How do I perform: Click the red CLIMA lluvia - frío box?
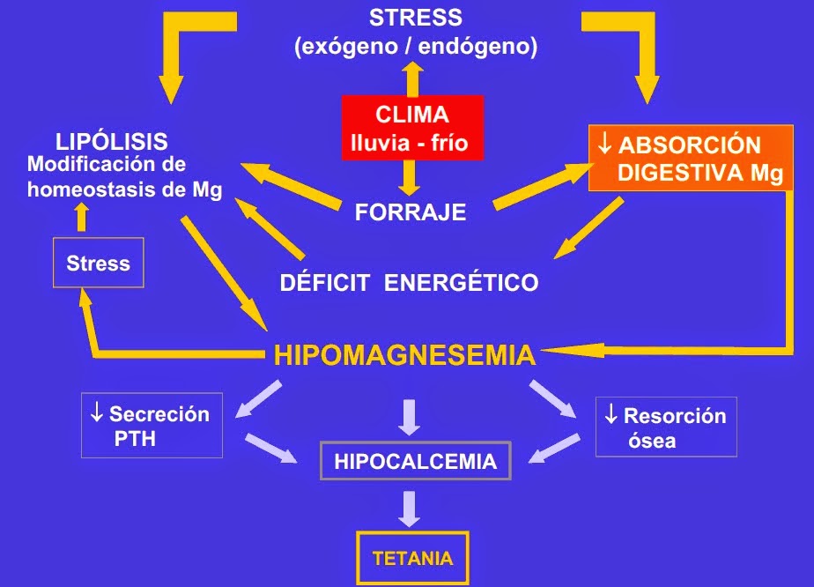[x=412, y=128]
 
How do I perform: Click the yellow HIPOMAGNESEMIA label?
[x=404, y=355]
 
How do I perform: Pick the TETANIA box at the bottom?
[x=412, y=558]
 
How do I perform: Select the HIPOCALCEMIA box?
[x=415, y=461]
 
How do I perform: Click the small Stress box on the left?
[x=98, y=263]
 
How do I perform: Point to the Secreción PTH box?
[x=152, y=426]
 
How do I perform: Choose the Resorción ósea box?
[x=665, y=427]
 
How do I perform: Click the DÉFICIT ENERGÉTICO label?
[x=409, y=283]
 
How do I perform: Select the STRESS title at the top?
[x=416, y=18]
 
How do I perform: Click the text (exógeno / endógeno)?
[x=416, y=47]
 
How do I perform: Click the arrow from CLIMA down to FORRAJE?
[x=408, y=180]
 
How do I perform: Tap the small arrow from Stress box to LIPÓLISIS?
[x=81, y=216]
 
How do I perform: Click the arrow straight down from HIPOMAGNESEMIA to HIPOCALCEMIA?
[x=408, y=417]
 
